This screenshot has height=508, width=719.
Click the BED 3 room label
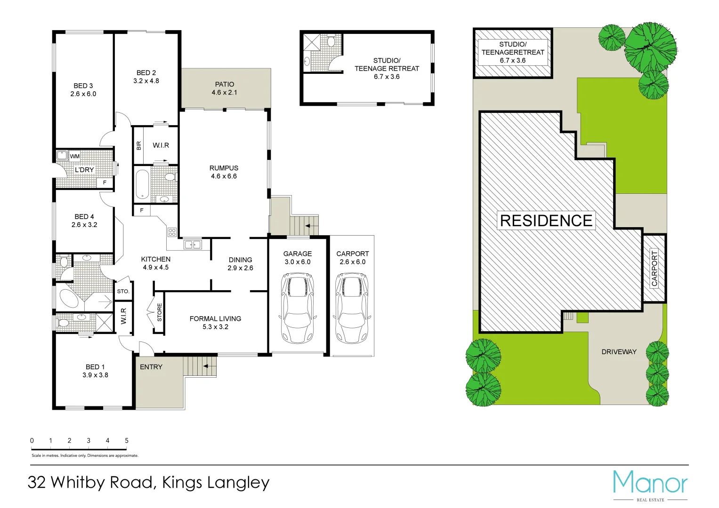pyautogui.click(x=83, y=86)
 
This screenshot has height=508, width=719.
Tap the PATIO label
pyautogui.click(x=225, y=84)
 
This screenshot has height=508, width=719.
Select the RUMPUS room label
pyautogui.click(x=224, y=168)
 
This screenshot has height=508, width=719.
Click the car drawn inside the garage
pyautogui.click(x=297, y=308)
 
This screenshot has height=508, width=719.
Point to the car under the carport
pyautogui.click(x=352, y=308)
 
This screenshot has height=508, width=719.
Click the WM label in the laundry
pyautogui.click(x=75, y=156)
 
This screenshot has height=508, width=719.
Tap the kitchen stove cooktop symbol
pyautogui.click(x=172, y=232)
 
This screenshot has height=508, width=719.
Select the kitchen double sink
pyautogui.click(x=192, y=244)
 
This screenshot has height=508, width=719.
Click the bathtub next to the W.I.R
pyautogui.click(x=142, y=184)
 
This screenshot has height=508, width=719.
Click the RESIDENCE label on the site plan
pyautogui.click(x=546, y=221)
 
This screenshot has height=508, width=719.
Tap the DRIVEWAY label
pyautogui.click(x=619, y=352)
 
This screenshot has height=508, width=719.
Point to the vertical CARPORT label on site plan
pyautogui.click(x=654, y=269)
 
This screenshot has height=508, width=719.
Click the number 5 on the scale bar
pyautogui.click(x=127, y=441)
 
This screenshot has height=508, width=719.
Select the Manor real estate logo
pyautogui.click(x=650, y=484)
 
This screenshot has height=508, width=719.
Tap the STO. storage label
pyautogui.click(x=123, y=291)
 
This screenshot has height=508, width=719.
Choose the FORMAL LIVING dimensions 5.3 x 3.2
pyautogui.click(x=215, y=327)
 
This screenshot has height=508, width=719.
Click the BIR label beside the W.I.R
pyautogui.click(x=138, y=146)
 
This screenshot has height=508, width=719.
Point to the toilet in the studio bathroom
pyautogui.click(x=331, y=42)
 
